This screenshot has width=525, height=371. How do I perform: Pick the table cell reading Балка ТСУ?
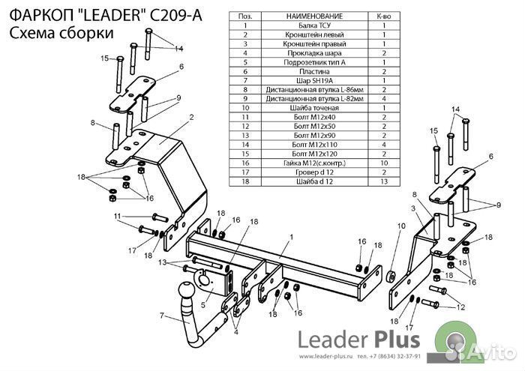(x=314, y=25)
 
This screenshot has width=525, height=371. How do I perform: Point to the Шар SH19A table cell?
(x=314, y=80)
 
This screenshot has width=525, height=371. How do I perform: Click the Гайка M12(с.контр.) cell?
(x=314, y=162)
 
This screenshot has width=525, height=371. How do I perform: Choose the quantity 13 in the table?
(x=383, y=180)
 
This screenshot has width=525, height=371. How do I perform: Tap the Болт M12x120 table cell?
(x=314, y=153)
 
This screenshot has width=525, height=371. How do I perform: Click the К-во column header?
(x=383, y=16)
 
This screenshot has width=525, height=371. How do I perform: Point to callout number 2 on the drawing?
(x=191, y=117)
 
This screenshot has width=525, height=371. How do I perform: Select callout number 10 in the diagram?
(x=400, y=226)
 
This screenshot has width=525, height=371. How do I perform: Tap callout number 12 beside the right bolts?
(x=460, y=307)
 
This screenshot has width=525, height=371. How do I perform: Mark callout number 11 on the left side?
(x=117, y=217)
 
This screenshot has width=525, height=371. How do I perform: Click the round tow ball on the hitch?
(x=183, y=292)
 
